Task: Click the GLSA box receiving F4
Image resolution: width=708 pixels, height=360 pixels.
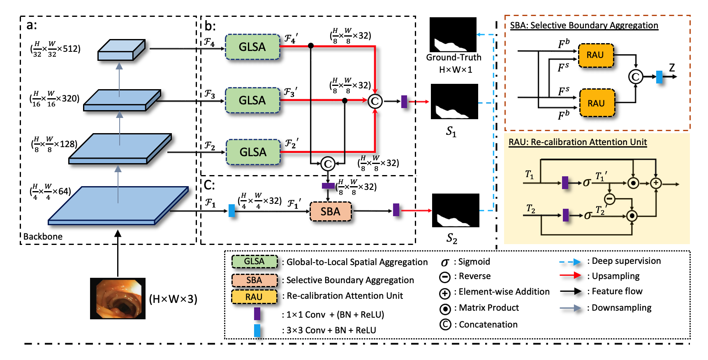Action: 252,47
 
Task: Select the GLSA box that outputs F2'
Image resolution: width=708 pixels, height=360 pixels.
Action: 253,152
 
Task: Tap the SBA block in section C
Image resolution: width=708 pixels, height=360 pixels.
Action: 331,212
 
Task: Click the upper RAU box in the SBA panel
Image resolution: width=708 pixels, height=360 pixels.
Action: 595,55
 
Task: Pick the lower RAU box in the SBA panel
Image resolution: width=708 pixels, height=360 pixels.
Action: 596,104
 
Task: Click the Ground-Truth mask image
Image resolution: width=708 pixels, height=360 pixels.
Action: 453,35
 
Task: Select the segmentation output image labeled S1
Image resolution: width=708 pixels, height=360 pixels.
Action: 454,102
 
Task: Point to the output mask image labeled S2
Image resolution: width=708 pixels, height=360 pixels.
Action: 456,210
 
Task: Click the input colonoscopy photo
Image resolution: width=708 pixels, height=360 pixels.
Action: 118,299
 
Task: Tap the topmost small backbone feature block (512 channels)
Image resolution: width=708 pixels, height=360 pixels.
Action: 121,50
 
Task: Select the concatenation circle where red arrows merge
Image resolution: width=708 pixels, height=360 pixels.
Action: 375,101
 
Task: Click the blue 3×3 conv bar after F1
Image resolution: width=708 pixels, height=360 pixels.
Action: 231,211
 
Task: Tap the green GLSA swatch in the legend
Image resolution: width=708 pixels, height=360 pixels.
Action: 254,261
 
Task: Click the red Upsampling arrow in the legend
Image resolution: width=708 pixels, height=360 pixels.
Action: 570,276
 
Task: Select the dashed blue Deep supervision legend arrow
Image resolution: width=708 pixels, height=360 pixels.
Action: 570,262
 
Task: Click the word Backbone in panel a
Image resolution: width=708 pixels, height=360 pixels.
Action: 43,237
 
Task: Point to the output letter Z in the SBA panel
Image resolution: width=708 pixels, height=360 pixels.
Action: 672,68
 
